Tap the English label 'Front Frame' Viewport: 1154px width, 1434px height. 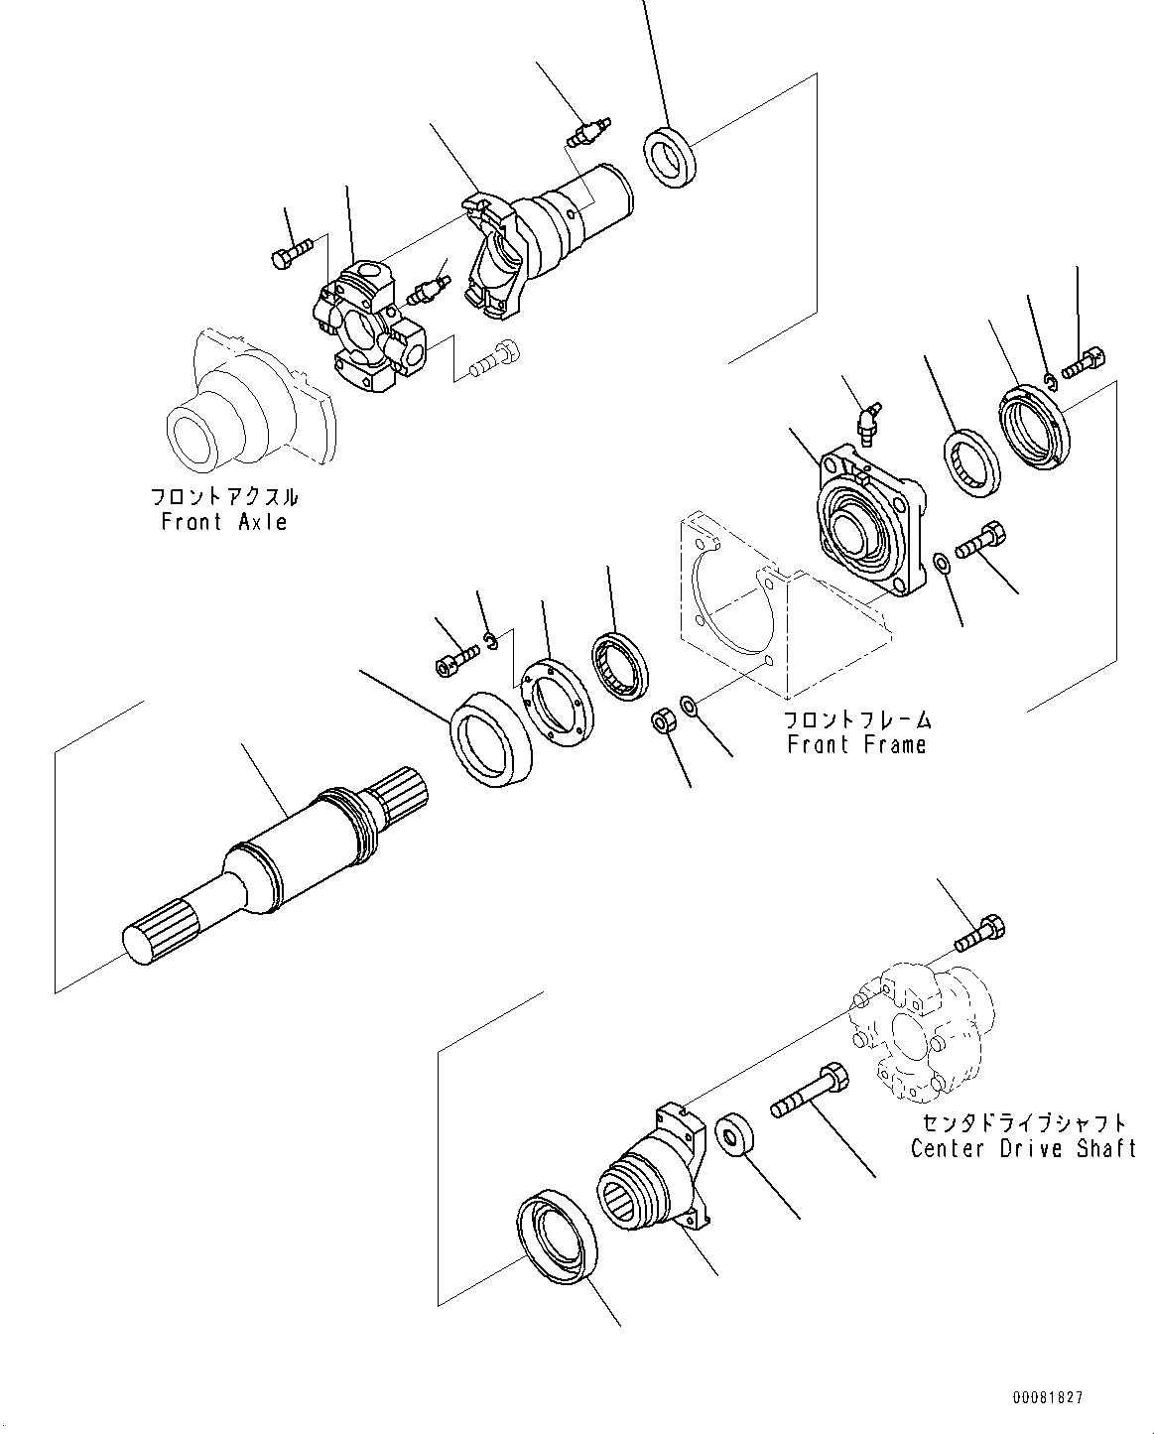856,744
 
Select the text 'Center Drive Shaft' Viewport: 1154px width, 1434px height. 1023,1148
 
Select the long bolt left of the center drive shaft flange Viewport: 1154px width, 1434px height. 809,1088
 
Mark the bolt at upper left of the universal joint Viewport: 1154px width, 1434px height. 290,251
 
